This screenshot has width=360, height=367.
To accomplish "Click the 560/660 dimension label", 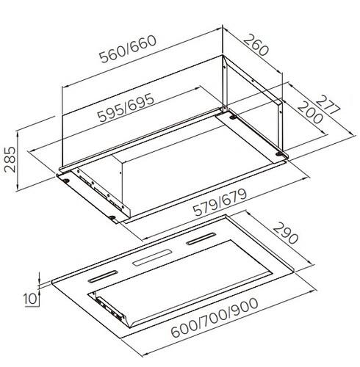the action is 128,49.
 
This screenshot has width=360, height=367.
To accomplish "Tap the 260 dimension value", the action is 256,46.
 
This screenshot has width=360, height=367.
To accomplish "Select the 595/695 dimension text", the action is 126,108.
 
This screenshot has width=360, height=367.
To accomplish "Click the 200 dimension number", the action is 310,112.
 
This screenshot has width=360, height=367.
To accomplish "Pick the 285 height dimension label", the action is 10,159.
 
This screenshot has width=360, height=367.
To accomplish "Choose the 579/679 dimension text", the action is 220,203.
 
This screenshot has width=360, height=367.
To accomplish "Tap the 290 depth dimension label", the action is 286,233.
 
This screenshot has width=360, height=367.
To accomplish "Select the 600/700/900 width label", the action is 215,317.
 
